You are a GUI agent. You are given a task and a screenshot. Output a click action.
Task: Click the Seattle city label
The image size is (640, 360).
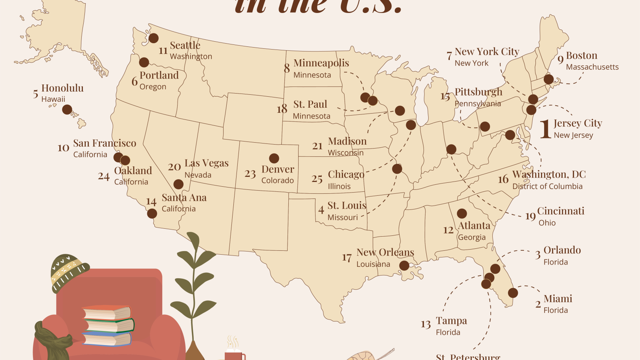(x=185, y=45)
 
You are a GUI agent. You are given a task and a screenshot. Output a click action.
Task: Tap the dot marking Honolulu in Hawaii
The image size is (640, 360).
(x=67, y=109)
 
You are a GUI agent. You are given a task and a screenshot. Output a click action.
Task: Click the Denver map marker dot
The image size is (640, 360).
(x=274, y=158)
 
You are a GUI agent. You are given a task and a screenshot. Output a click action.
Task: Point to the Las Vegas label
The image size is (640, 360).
(x=206, y=163)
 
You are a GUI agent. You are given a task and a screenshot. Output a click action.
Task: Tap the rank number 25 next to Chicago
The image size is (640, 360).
(x=317, y=179)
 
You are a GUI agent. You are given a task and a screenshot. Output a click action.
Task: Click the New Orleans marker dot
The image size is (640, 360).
(x=404, y=266)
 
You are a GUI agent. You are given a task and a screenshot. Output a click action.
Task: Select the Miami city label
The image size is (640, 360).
(x=557, y=299)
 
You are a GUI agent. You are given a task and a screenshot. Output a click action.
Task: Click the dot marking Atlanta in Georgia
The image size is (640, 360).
(x=462, y=213)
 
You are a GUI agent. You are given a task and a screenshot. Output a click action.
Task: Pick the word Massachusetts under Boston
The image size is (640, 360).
(x=592, y=67)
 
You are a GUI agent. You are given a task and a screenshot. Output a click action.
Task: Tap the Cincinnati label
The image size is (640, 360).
(x=560, y=211)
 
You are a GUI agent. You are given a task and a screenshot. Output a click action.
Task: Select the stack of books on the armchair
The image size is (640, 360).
(x=107, y=325)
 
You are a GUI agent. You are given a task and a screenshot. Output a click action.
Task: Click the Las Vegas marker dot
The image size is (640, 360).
(x=178, y=184)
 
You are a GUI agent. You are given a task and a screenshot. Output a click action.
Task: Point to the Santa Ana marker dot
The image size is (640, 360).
(x=152, y=213)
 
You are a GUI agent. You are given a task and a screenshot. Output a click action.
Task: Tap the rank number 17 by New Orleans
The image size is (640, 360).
(x=347, y=258)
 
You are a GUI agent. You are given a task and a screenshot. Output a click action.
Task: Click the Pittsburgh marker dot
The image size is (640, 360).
(x=485, y=127)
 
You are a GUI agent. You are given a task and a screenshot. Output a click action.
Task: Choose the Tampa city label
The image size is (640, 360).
(x=451, y=321)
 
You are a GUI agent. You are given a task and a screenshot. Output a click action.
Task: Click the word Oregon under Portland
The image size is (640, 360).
(x=153, y=86)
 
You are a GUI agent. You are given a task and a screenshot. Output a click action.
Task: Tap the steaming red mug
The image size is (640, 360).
(x=234, y=354)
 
